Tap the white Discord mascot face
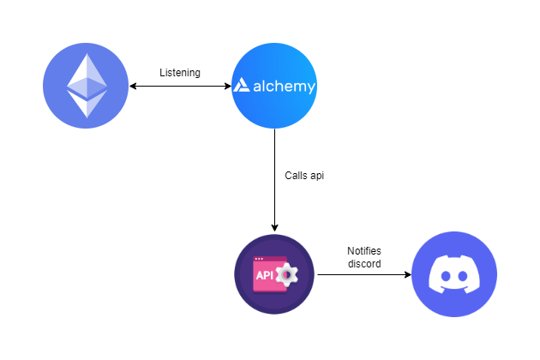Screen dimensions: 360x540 click(x=454, y=276)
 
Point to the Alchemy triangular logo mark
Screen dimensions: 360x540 click(x=242, y=87)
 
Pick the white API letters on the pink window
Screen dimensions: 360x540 click(x=264, y=276)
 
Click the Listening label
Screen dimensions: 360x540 click(x=180, y=73)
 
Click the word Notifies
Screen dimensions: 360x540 click(x=364, y=251)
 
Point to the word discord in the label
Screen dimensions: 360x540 click(x=364, y=263)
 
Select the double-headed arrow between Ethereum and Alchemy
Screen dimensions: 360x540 click(x=180, y=87)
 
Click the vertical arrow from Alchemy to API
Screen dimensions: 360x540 click(x=274, y=180)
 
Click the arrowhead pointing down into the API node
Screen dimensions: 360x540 click(x=274, y=227)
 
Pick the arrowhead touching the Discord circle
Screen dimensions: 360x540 click(x=406, y=275)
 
